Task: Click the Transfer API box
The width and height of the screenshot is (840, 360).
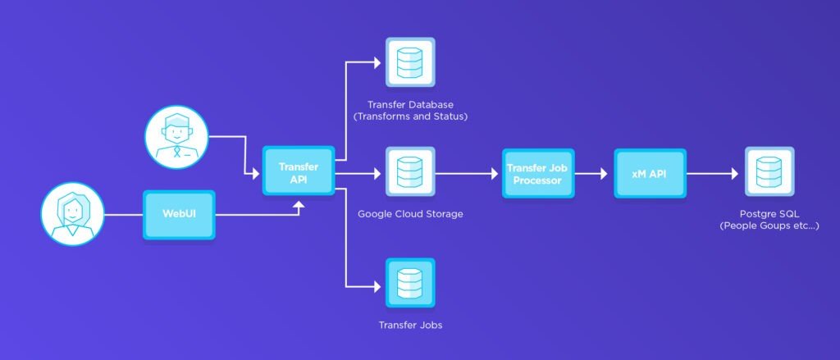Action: [299, 171]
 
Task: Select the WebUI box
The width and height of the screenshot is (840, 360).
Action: [179, 215]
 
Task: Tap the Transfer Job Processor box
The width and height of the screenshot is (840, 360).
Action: [538, 173]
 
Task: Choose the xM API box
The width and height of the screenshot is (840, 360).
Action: [650, 173]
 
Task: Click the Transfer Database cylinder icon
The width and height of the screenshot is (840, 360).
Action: [409, 62]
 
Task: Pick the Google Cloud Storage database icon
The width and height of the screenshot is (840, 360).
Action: [409, 173]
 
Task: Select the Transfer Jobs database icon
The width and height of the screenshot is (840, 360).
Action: [409, 284]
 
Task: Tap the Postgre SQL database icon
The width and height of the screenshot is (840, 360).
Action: [769, 172]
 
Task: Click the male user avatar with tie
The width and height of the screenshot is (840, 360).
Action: [177, 136]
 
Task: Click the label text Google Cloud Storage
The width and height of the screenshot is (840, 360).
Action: [410, 214]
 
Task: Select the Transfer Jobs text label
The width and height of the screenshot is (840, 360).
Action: [410, 325]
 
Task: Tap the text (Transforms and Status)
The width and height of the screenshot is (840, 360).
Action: [410, 116]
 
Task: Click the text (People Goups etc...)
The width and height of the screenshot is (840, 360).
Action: [769, 226]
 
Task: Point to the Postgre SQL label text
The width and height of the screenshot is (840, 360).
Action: [769, 213]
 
